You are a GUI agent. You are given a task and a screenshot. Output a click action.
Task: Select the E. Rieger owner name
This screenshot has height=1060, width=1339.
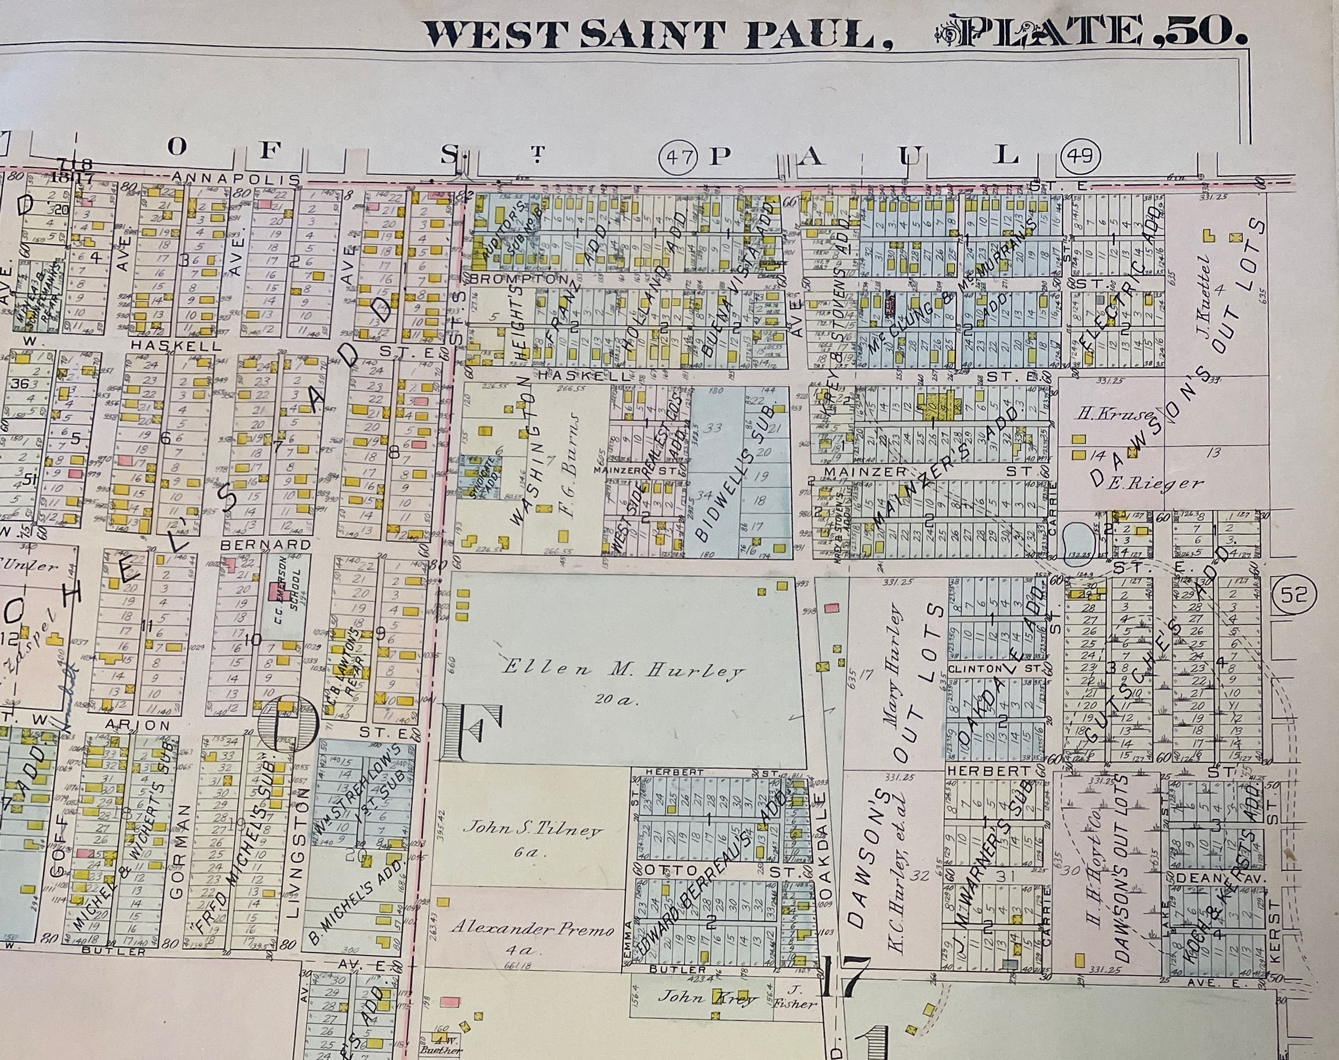1155,483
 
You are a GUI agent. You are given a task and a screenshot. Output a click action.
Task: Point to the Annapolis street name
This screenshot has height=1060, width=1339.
236,179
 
